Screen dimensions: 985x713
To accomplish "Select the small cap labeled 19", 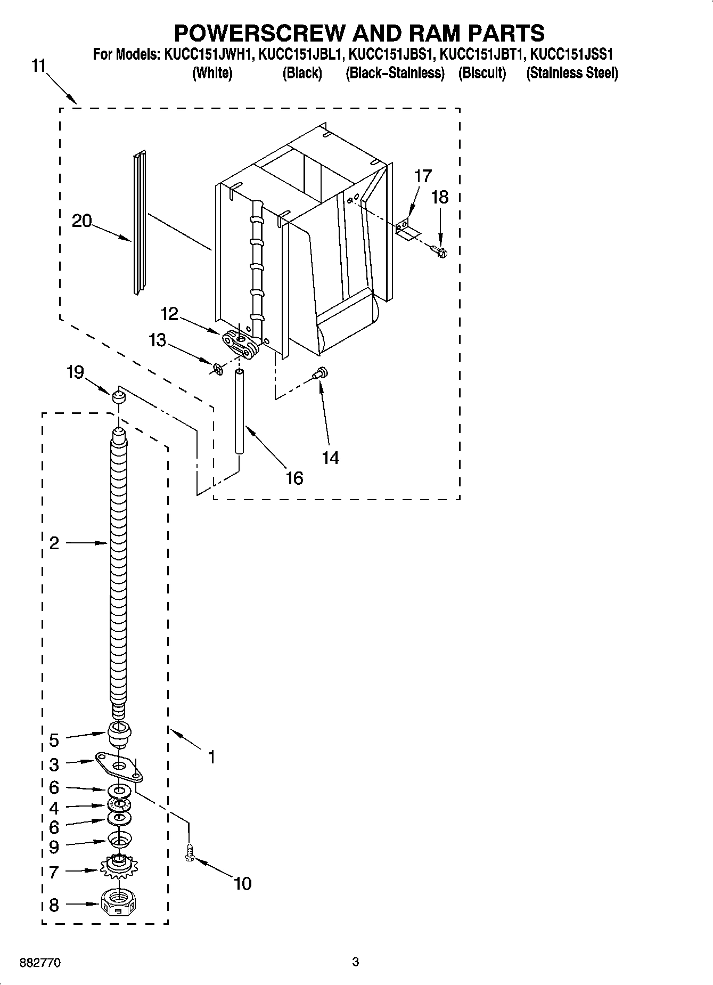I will coord(118,396).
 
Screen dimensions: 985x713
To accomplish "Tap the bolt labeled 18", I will coord(440,250).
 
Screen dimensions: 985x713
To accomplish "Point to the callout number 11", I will coord(38,67).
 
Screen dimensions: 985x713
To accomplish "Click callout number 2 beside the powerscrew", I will coord(54,543).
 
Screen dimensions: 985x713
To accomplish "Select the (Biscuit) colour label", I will coord(482,73).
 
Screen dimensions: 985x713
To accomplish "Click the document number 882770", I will coord(40,963).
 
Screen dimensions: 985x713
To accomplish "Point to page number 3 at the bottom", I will coord(356,962).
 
